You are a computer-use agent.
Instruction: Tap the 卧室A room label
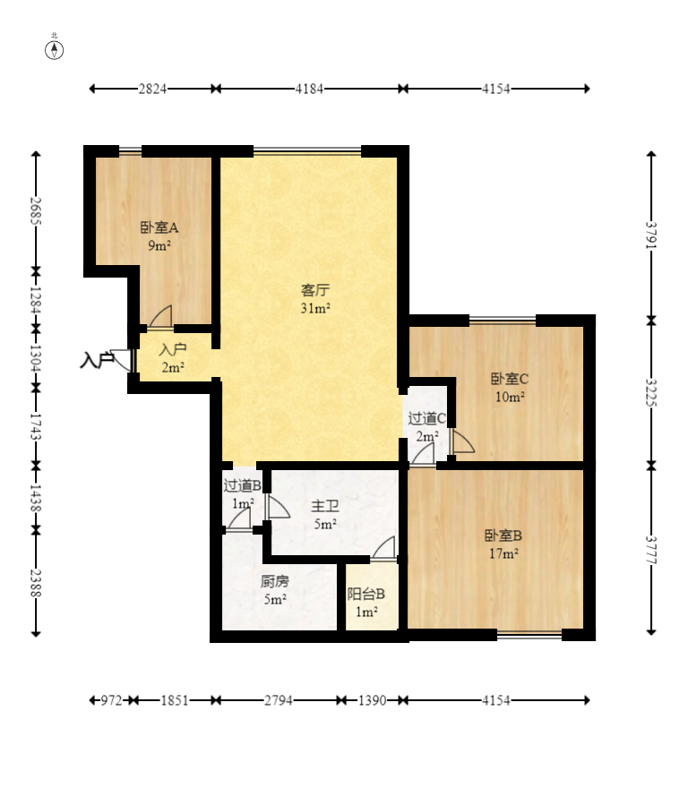point(159,227)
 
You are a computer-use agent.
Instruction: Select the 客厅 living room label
point(315,290)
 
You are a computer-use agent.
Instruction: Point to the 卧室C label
point(510,379)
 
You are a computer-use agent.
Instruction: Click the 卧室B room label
point(503,535)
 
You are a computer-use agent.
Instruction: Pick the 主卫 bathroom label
point(324,506)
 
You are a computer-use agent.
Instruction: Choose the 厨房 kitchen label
point(275,581)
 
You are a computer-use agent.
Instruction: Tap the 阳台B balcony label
point(365,594)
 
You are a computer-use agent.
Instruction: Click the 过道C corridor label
point(426,418)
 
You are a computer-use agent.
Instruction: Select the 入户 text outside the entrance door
point(97,360)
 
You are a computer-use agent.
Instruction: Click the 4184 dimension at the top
point(309,89)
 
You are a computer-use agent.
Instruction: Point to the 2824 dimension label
point(152,89)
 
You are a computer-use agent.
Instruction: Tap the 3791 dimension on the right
point(651,236)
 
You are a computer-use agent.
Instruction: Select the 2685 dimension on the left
point(36,211)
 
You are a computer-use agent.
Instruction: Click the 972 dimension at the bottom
point(111,700)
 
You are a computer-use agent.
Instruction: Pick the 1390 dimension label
point(373,700)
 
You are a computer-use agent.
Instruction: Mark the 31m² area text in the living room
point(315,309)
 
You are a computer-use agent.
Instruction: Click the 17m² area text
point(503,553)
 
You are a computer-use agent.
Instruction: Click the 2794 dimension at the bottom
point(279,700)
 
